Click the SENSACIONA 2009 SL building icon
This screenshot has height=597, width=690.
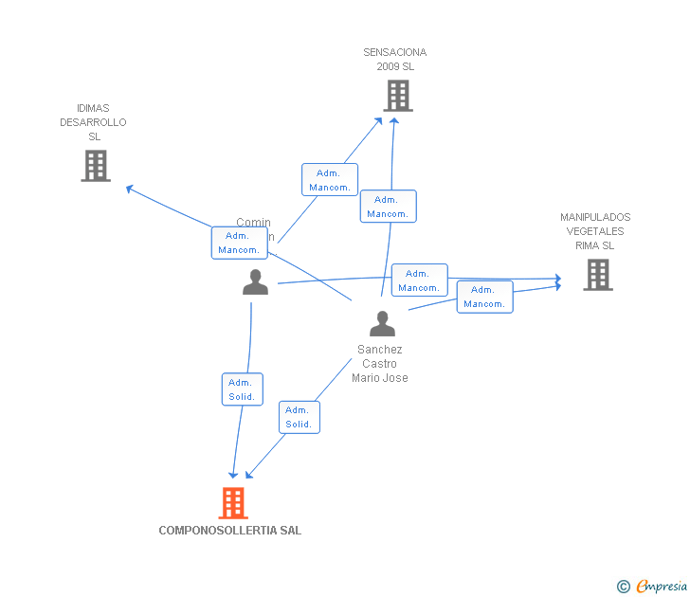(398, 96)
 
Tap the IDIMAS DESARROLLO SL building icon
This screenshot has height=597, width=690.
(95, 166)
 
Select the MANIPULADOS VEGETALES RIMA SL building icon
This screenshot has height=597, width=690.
(597, 275)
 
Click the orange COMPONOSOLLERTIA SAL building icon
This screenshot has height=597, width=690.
(233, 503)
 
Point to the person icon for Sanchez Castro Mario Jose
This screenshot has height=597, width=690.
(382, 324)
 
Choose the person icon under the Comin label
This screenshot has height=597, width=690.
(255, 282)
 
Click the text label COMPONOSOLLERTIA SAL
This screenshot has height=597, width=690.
(229, 531)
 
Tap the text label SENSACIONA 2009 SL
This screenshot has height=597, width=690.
(395, 60)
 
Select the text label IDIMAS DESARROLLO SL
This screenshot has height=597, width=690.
(93, 122)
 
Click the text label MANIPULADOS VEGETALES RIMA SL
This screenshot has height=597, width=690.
(595, 231)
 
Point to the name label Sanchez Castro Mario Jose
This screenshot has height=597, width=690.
(380, 364)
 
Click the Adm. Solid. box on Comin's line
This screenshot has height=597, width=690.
(242, 389)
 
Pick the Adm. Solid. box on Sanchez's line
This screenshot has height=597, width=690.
(299, 417)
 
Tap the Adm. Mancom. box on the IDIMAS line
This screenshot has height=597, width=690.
(239, 243)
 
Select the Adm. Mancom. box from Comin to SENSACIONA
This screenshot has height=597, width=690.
(330, 180)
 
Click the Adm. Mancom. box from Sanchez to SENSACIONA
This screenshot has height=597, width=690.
(388, 207)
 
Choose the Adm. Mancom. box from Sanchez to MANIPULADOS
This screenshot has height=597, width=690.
(484, 297)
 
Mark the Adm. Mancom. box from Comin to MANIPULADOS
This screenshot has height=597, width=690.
(419, 280)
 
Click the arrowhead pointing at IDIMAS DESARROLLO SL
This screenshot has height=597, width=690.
(130, 189)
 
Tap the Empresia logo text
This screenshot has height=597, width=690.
(661, 587)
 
